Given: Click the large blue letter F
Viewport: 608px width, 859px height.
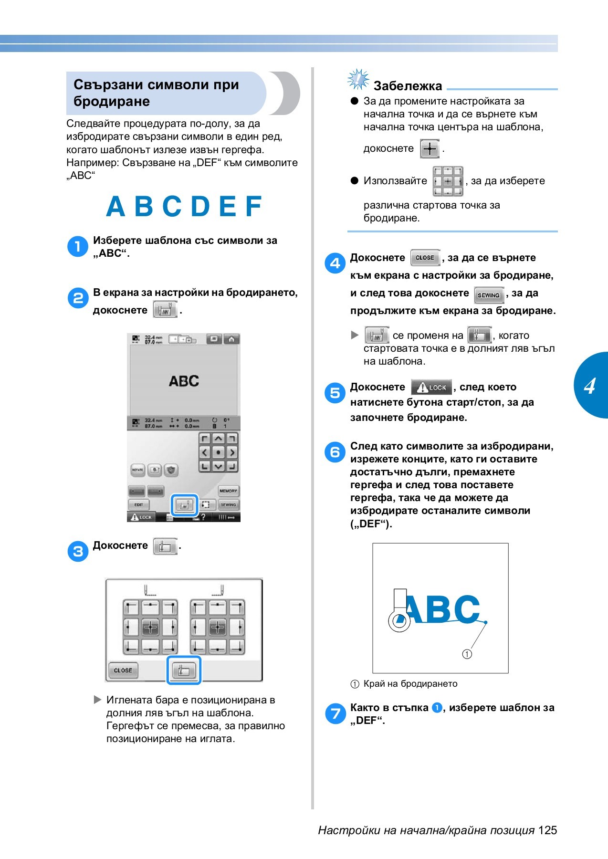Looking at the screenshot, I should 254,207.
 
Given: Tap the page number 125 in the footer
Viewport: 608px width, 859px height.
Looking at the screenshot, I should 547,830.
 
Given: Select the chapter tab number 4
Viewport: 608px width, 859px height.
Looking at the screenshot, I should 590,386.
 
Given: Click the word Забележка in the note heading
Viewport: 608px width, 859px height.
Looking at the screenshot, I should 408,86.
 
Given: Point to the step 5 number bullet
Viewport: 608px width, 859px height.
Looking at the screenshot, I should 335,393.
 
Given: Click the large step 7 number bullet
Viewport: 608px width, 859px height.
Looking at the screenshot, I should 335,713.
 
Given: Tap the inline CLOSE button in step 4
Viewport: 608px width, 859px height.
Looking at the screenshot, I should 424,258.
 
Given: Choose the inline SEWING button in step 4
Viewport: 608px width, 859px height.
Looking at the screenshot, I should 489,295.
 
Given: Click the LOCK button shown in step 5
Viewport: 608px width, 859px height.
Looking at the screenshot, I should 431,388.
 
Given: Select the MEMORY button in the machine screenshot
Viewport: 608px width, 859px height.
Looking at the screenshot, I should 228,491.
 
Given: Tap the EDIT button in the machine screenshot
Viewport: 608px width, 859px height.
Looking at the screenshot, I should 139,504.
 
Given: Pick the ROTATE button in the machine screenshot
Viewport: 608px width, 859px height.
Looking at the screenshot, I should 137,470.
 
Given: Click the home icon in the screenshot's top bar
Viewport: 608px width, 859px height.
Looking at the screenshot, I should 231,339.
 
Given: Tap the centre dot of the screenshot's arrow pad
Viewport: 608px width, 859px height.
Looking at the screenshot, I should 218,452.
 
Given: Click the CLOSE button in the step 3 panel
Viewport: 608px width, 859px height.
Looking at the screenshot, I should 123,670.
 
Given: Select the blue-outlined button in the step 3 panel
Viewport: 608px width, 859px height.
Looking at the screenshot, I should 184,670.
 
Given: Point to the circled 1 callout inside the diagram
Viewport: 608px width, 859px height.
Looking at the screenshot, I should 467,654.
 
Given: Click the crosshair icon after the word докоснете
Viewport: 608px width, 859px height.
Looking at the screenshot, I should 430,149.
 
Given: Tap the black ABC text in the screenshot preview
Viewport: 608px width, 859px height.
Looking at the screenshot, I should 184,381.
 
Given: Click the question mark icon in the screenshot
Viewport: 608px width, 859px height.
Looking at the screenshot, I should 203,517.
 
